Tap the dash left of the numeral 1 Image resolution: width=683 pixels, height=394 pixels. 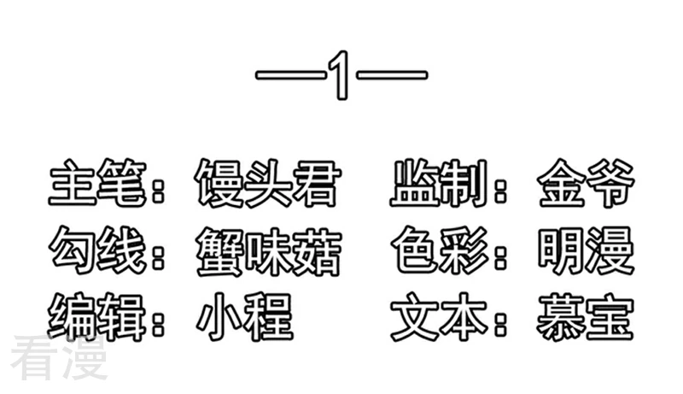(290, 75)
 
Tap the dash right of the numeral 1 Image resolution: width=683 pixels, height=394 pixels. (392, 75)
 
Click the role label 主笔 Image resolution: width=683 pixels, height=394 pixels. (96, 183)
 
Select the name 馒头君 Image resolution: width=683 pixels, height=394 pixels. (267, 184)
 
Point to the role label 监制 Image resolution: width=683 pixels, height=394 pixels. (439, 183)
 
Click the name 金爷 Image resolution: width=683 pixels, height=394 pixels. (586, 184)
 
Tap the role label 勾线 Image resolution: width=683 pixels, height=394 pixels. (96, 250)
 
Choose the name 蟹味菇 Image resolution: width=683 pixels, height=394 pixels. (268, 251)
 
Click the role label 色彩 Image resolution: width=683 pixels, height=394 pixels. (439, 250)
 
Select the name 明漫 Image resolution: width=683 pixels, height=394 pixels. (586, 250)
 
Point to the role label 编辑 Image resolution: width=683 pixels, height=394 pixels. (96, 317)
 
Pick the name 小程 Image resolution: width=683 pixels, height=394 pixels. (244, 317)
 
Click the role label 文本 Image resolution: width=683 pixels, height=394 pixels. (439, 317)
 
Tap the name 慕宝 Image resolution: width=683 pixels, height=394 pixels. (585, 317)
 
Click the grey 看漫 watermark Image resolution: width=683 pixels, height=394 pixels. (59, 358)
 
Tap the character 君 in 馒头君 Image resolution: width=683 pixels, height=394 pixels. (317, 184)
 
